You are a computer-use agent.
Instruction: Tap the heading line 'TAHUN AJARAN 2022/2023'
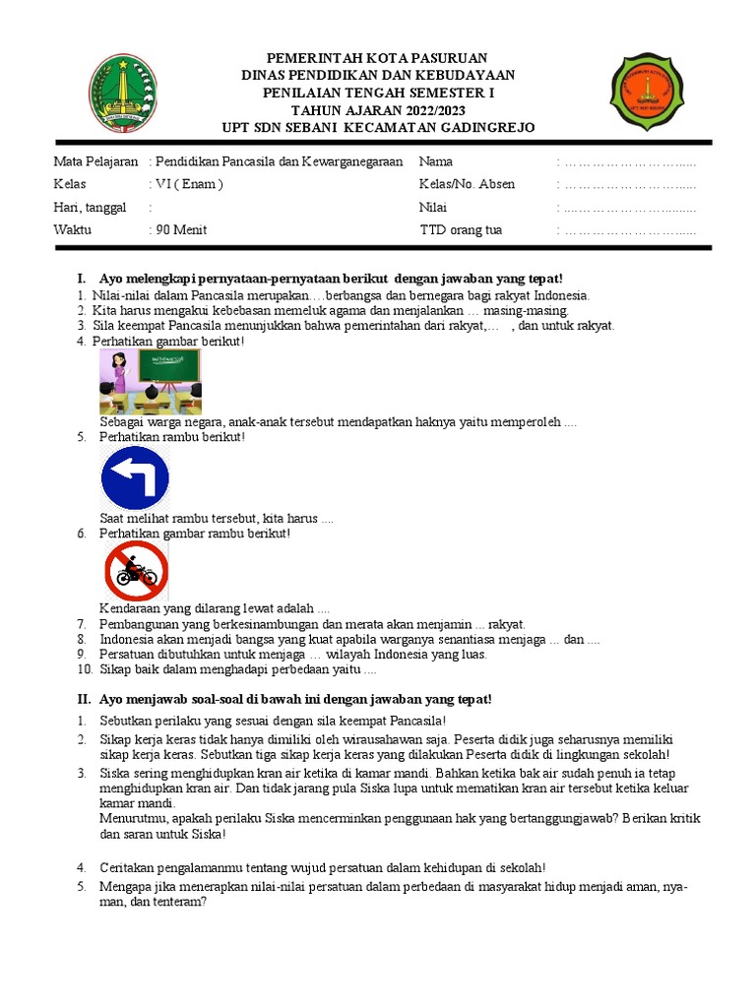(378, 110)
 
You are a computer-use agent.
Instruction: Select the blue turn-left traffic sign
(135, 477)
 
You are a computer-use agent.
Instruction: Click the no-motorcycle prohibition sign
(136, 571)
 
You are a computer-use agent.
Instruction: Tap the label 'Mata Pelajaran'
(95, 161)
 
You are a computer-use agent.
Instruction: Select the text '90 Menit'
(180, 230)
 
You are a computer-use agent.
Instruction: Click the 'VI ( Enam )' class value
(188, 184)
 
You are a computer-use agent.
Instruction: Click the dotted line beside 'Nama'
(630, 161)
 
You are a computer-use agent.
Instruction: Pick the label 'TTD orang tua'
(461, 230)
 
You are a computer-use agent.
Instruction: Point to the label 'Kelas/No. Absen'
(467, 184)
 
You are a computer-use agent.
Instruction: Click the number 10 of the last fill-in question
(84, 670)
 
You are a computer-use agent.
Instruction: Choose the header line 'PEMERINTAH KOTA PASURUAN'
(378, 59)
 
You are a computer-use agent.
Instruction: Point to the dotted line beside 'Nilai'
(630, 208)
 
